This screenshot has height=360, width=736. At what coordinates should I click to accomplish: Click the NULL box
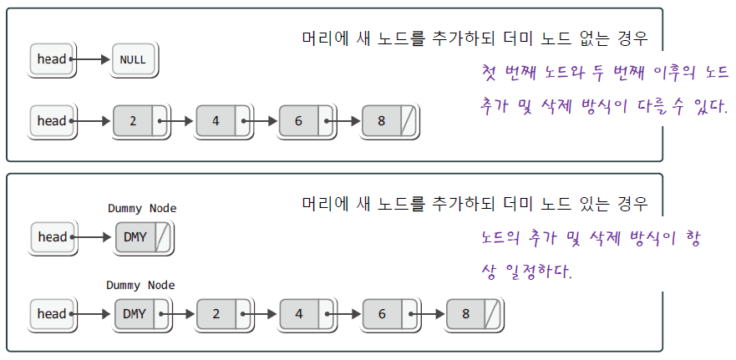tap(134, 59)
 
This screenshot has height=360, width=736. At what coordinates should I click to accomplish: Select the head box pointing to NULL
tap(51, 59)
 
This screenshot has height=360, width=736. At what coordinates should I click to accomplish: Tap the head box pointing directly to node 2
tap(51, 121)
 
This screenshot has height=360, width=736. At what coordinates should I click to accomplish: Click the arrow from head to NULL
tap(91, 59)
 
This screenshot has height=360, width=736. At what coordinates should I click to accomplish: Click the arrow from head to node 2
tap(91, 121)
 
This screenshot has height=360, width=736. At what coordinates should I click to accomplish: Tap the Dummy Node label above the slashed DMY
tap(142, 209)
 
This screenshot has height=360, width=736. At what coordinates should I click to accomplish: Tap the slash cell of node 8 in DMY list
tap(492, 314)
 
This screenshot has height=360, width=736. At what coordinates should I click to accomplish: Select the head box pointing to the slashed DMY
tap(52, 237)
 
